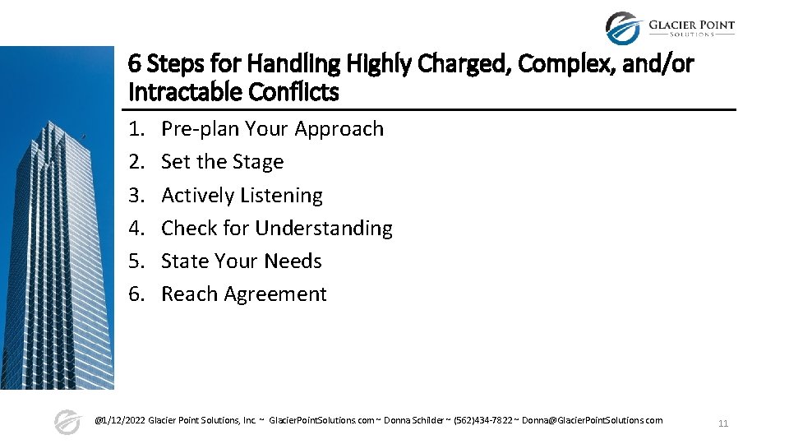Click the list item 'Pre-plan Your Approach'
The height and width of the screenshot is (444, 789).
[x=272, y=129]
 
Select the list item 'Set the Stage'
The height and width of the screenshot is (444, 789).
[x=222, y=162]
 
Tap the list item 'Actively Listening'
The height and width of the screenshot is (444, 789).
[x=242, y=195]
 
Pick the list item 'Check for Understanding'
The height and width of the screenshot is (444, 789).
[x=276, y=228]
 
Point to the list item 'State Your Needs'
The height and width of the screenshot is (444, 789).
[x=241, y=261]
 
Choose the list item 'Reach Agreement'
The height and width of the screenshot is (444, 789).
[x=243, y=294]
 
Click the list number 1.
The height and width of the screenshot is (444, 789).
[x=136, y=129]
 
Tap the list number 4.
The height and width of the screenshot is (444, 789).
[x=136, y=228]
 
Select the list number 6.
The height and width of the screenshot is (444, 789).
[x=136, y=294]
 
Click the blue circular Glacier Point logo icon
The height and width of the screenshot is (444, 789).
[x=623, y=28]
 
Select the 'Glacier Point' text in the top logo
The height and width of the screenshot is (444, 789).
[x=691, y=25]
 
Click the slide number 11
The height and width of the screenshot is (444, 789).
[x=723, y=423]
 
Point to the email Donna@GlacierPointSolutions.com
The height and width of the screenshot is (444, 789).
[x=592, y=420]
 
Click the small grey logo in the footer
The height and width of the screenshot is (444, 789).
[x=67, y=421]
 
